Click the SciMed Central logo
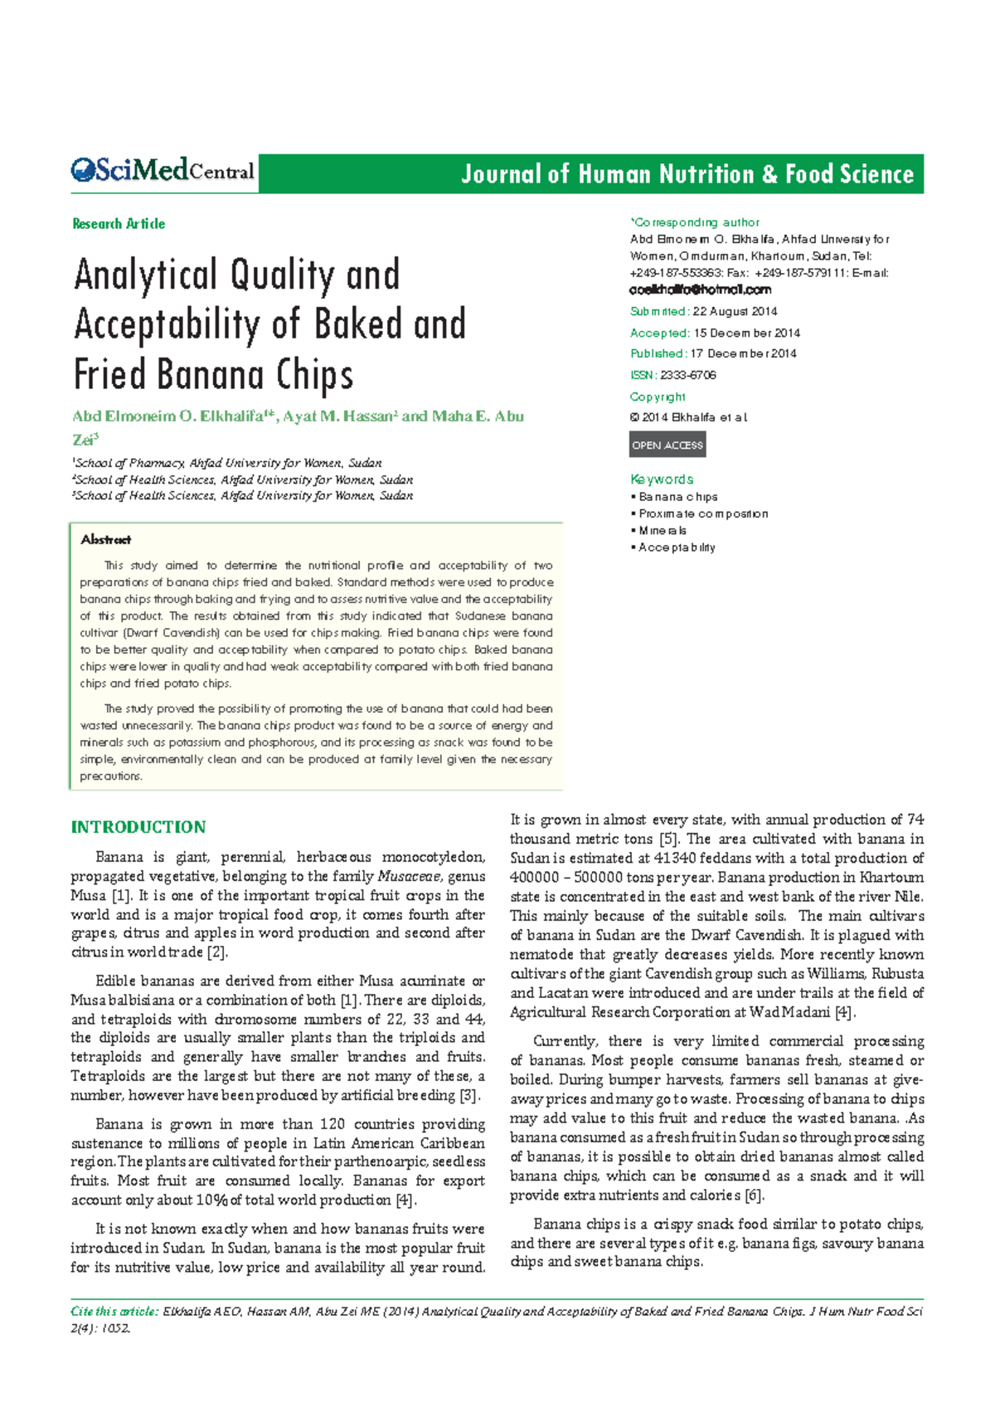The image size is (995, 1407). pos(163,172)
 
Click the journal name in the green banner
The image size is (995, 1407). pos(687,174)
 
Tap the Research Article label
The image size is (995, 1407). pos(119,224)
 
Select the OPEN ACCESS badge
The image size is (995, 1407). pos(667,445)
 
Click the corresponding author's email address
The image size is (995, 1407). pos(701,290)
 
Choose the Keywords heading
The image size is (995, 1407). pos(662,480)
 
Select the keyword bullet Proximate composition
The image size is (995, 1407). pos(703,514)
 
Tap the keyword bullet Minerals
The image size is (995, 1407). pos(662,530)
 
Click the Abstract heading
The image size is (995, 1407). pos(105,540)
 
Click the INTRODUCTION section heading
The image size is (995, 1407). pos(138,827)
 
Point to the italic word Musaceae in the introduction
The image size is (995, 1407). pos(409,877)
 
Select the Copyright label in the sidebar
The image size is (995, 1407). pos(658,397)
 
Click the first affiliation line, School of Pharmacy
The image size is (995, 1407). pos(228,463)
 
